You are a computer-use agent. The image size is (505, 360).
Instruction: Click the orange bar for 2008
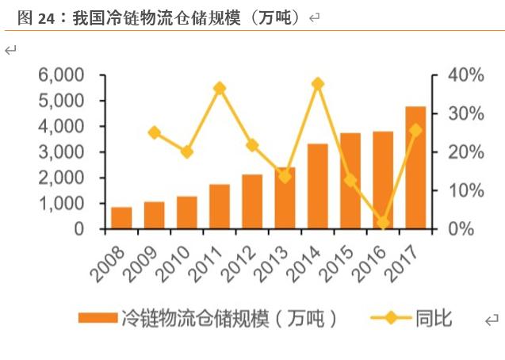click(x=121, y=218)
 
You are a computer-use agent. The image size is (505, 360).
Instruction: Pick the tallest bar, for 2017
click(x=415, y=167)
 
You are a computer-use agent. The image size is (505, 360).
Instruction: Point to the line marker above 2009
click(x=155, y=133)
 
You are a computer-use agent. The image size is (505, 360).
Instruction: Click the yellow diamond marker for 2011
click(x=220, y=88)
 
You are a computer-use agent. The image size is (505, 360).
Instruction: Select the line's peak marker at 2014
click(x=318, y=84)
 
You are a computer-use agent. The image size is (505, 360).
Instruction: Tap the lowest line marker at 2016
click(x=383, y=223)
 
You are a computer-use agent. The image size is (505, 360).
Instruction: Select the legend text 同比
click(x=434, y=319)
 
